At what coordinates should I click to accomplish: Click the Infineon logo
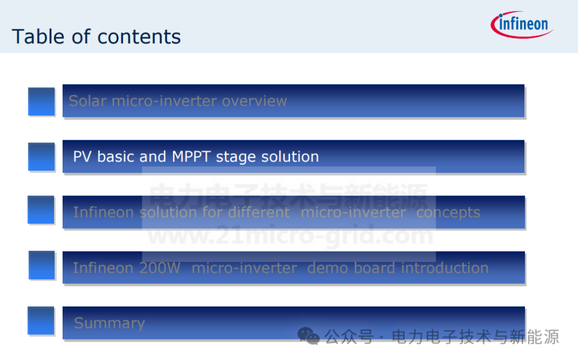click(522, 25)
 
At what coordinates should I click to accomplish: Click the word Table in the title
click(38, 36)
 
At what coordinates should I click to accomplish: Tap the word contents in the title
click(139, 37)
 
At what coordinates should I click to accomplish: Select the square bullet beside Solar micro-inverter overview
click(41, 102)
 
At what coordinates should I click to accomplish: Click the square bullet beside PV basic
click(41, 157)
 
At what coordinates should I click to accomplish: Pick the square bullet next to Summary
click(41, 320)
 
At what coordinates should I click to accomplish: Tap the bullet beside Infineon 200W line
click(42, 265)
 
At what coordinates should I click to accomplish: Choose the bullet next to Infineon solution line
click(41, 210)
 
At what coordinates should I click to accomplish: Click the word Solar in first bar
click(88, 101)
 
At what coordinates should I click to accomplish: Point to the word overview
click(254, 101)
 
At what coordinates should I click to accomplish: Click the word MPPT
click(191, 157)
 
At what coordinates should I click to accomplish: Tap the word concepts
click(448, 212)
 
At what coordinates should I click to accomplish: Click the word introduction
click(445, 268)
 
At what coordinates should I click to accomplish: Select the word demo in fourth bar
click(328, 268)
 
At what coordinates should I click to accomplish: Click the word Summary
click(110, 323)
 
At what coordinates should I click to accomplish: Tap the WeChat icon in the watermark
click(309, 336)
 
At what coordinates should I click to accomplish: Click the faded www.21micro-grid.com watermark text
click(291, 235)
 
